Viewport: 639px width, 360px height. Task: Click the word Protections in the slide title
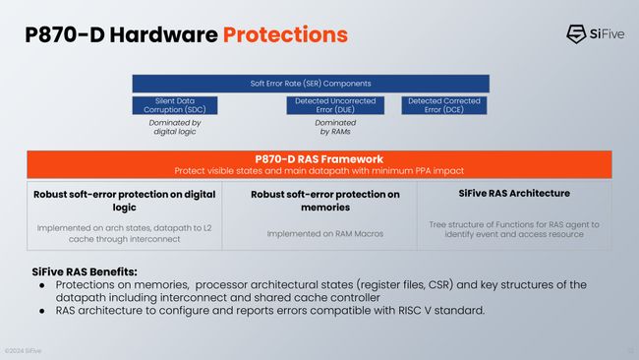(x=285, y=34)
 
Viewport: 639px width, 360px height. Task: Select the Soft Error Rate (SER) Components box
(x=311, y=83)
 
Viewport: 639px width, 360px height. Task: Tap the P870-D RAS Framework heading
(x=319, y=158)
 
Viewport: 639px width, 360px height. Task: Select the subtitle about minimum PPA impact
(x=319, y=170)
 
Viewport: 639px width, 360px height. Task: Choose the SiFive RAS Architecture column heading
(x=514, y=193)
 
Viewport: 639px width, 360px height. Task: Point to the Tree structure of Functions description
(x=514, y=229)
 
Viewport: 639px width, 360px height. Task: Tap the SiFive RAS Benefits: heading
(x=85, y=271)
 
